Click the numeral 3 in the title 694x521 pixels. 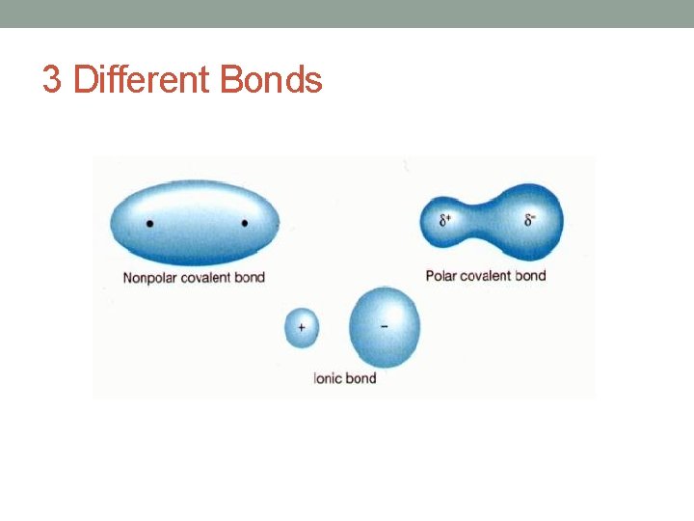tap(53, 80)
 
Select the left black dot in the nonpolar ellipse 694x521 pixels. tap(149, 224)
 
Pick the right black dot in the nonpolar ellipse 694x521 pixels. tap(245, 224)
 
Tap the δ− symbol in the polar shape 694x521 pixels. tap(530, 220)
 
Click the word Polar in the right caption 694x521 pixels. tap(440, 276)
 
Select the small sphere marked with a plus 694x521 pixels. tap(302, 327)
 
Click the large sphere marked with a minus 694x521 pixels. tap(385, 327)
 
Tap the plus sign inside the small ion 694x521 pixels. tap(302, 327)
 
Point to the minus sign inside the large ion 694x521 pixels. tap(385, 325)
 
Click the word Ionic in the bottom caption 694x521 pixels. tap(328, 378)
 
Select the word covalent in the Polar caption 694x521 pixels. tap(488, 276)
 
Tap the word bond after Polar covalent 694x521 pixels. tap(531, 276)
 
